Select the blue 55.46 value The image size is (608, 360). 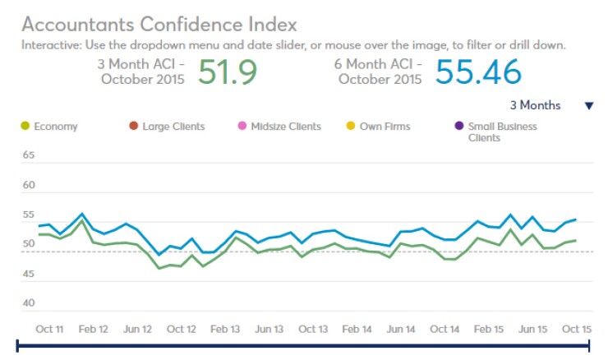click(477, 73)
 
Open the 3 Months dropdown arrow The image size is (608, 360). click(588, 106)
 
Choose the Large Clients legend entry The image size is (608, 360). click(173, 127)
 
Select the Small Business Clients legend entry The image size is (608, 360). click(502, 132)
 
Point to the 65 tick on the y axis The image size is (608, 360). click(28, 155)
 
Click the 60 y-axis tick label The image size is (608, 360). click(28, 185)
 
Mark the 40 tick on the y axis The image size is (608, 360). click(28, 303)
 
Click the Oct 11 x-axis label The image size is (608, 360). click(49, 329)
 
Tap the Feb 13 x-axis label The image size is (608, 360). click(224, 329)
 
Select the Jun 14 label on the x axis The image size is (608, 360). click(400, 329)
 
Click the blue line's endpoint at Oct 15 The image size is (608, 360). click(575, 219)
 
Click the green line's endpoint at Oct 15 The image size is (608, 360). click(575, 240)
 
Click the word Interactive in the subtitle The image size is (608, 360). click(48, 44)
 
